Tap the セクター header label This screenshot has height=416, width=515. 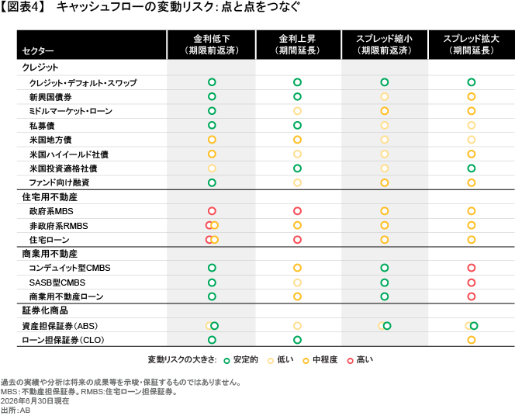pos(38,51)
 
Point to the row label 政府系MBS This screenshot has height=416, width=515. pos(51,211)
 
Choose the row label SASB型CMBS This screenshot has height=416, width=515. pos(57,283)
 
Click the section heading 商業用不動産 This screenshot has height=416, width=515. pos(50,254)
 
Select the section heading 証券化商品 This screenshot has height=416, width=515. pos(45,310)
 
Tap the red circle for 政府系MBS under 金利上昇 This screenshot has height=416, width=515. pos(297,211)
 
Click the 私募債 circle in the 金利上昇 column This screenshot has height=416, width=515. pos(297,125)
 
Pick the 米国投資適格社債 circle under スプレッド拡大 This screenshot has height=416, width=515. pos(472,168)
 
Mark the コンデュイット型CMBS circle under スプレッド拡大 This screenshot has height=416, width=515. pos(472,268)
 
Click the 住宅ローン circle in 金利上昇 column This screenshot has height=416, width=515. pos(297,240)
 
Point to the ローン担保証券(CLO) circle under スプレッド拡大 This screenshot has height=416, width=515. pos(472,340)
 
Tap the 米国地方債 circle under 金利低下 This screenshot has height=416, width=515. pos(212,140)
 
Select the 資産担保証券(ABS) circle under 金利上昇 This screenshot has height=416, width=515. pos(297,326)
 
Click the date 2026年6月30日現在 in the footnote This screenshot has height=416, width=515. pos(35,401)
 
